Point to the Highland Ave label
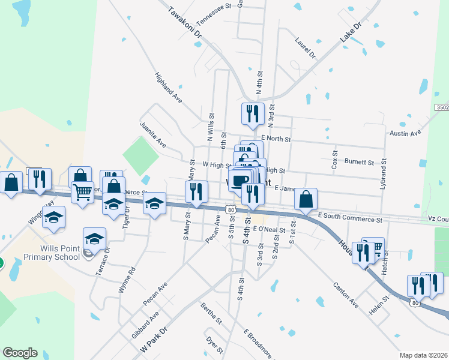[x=168, y=87]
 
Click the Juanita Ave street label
[x=152, y=134]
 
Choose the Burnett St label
[x=359, y=162]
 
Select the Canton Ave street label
[x=346, y=295]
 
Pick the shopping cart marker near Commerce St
[x=82, y=193]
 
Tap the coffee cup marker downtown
[x=240, y=180]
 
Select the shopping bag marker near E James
[x=306, y=199]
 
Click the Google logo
[x=20, y=353]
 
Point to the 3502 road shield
[x=442, y=107]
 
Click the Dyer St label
[x=214, y=346]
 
